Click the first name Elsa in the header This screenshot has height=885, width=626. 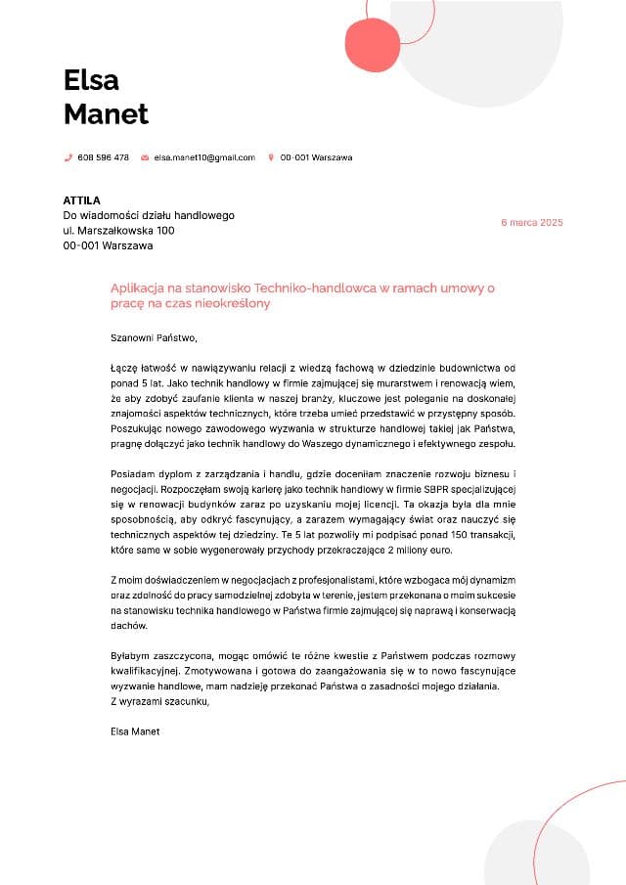[91, 79]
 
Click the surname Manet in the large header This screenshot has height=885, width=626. [106, 113]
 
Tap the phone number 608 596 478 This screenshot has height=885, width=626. [103, 157]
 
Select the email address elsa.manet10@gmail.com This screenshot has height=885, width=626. [203, 157]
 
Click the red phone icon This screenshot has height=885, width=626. [68, 157]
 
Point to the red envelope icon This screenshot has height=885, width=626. [145, 157]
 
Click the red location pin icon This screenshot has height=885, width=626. [271, 157]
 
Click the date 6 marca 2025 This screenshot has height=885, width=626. [532, 223]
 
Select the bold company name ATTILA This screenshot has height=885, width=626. [82, 200]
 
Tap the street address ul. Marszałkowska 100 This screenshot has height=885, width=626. [119, 231]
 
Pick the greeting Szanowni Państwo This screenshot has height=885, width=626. [154, 338]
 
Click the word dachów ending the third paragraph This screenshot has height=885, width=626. [129, 623]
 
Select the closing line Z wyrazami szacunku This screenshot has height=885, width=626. [159, 700]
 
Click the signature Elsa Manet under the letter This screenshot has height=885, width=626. [135, 730]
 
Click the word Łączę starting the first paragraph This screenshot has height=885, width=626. [126, 368]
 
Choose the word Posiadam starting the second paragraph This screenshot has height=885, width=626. [134, 473]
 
